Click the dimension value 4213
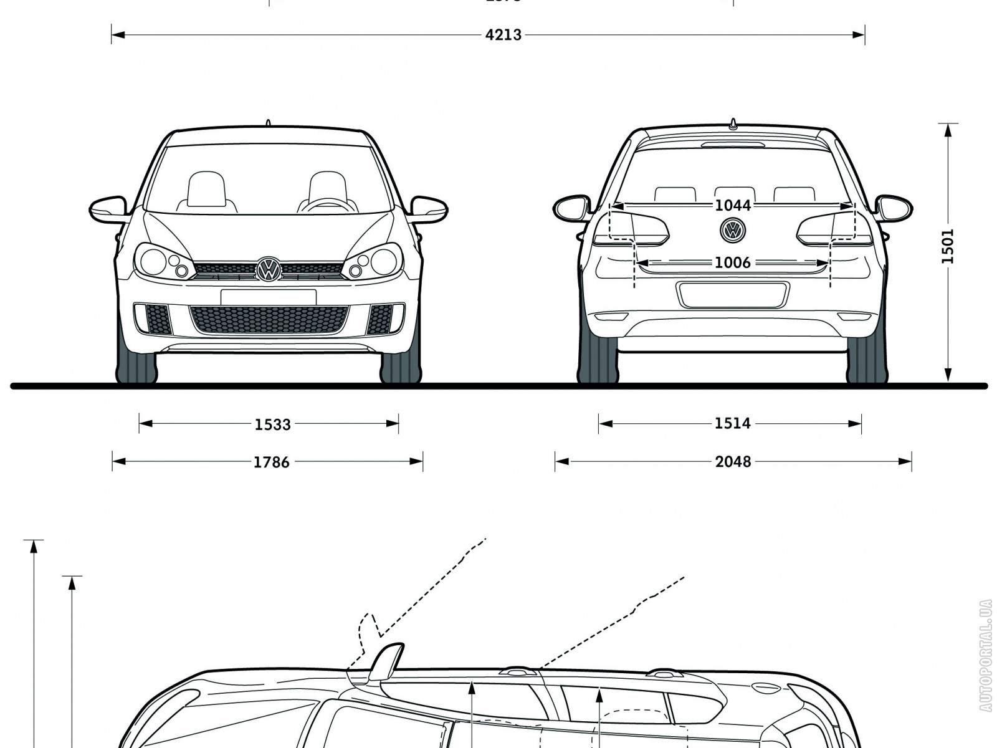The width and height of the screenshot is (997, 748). pyautogui.click(x=503, y=35)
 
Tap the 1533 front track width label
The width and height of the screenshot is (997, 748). pyautogui.click(x=272, y=424)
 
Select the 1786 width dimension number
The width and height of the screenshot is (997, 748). pyautogui.click(x=272, y=462)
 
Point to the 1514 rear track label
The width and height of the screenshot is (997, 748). pyautogui.click(x=732, y=424)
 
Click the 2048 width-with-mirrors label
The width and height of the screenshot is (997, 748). pyautogui.click(x=733, y=462)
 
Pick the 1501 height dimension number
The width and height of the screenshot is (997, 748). pyautogui.click(x=948, y=246)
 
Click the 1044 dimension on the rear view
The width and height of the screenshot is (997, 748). pyautogui.click(x=733, y=205)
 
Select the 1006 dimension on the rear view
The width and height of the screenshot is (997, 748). pyautogui.click(x=732, y=262)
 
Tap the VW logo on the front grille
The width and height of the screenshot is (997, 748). pyautogui.click(x=269, y=269)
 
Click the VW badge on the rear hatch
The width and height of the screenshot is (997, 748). pyautogui.click(x=732, y=230)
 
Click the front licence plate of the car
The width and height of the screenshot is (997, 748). pyautogui.click(x=269, y=297)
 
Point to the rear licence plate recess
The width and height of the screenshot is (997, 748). pyautogui.click(x=733, y=295)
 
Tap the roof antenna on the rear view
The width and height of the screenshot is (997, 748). pyautogui.click(x=733, y=124)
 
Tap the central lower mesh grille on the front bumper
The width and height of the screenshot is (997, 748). pyautogui.click(x=269, y=320)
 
